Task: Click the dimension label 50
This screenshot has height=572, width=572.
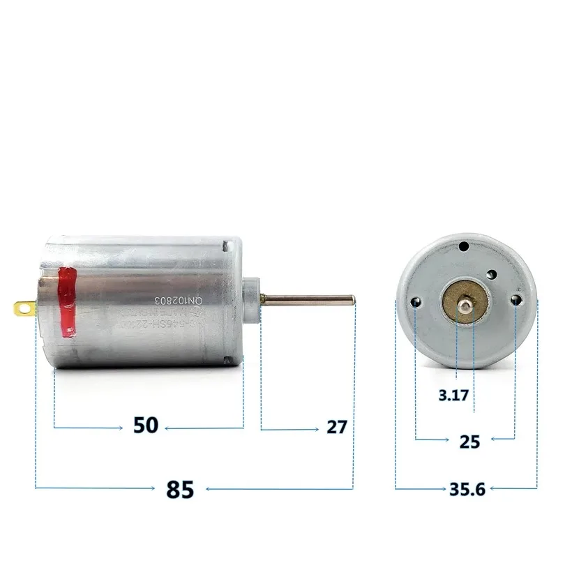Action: [x=146, y=425]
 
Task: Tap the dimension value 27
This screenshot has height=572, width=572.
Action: [x=336, y=427]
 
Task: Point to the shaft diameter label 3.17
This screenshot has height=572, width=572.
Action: [x=453, y=395]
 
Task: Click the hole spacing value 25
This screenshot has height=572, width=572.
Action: [x=469, y=441]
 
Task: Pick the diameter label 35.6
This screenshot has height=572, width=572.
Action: [x=467, y=489]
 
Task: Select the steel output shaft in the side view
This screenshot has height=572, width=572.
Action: [x=307, y=301]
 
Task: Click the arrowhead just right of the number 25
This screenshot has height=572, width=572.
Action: [x=495, y=440]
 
